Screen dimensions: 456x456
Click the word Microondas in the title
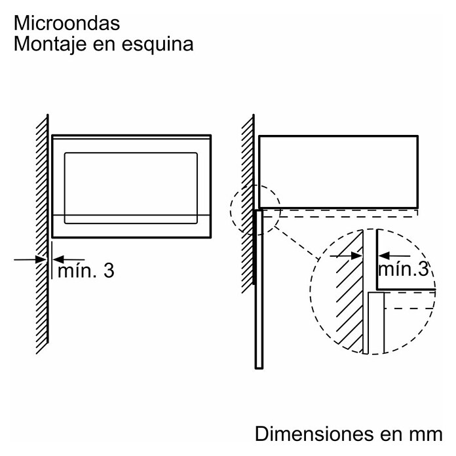coord(67,23)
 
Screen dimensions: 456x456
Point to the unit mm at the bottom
coord(425,434)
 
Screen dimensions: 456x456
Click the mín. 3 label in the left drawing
coord(85,271)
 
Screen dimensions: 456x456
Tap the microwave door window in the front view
coord(131,188)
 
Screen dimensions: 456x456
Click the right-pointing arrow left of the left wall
coord(29,259)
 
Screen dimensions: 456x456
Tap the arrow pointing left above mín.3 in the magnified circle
coord(396,256)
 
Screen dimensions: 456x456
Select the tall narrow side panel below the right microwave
coord(259,288)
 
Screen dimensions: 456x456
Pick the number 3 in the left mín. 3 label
coord(108,271)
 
